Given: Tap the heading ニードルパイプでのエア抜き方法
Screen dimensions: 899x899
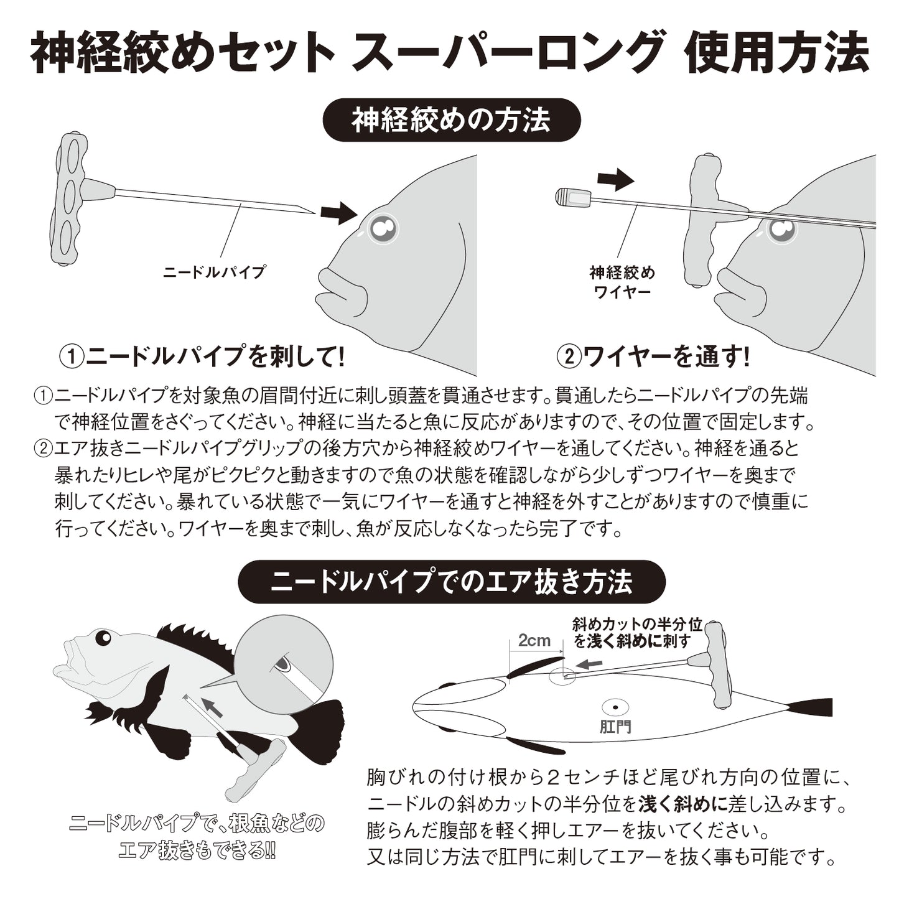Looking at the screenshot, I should coord(452,582).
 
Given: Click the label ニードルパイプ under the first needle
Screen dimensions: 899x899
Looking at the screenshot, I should coord(213,272).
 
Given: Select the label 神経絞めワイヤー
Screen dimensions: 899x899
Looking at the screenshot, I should coord(622,282).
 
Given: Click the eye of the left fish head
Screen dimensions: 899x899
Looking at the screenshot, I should coord(383,230).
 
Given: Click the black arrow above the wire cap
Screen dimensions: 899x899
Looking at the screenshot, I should coord(615,180).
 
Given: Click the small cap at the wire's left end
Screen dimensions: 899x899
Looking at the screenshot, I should coord(572,197).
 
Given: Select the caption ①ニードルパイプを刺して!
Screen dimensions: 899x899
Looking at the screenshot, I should coord(202,356).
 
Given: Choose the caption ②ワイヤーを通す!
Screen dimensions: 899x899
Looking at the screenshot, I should coord(653,356).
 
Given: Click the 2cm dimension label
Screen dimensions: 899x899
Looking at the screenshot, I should coord(534,640).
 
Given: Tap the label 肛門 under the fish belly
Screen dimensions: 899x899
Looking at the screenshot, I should coord(615,727).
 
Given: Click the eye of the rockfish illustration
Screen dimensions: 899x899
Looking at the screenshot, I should coord(102,638).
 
